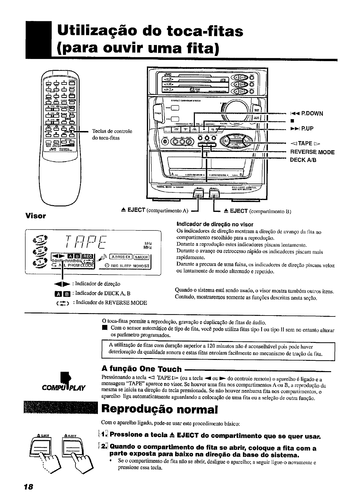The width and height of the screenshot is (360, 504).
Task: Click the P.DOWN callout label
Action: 307,113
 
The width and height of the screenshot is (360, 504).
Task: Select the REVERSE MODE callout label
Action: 312,152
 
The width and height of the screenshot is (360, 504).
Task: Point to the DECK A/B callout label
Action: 303,160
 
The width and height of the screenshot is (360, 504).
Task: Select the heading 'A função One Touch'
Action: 141,369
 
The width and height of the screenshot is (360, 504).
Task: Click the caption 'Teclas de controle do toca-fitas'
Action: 112,134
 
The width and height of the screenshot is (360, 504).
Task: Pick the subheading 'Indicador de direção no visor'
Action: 215,224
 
